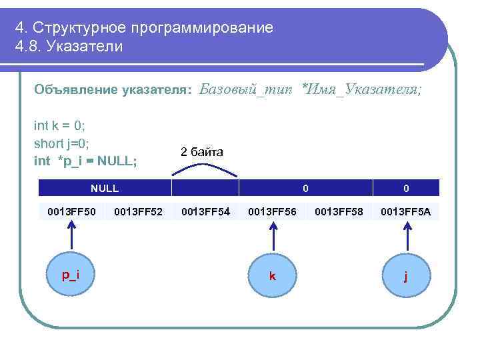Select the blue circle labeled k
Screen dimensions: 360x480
pyautogui.click(x=272, y=275)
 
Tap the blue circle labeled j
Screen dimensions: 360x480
pyautogui.click(x=406, y=275)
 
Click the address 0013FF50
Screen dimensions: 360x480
pyautogui.click(x=71, y=212)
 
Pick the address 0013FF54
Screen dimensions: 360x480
pyautogui.click(x=205, y=212)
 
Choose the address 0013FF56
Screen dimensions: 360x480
pyautogui.click(x=272, y=212)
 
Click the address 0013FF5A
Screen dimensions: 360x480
pyautogui.click(x=406, y=212)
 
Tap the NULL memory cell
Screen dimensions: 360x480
pyautogui.click(x=105, y=188)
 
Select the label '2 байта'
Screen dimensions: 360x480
pyautogui.click(x=201, y=152)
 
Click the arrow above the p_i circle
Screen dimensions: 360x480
pyautogui.click(x=71, y=237)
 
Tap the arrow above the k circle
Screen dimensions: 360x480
pyautogui.click(x=272, y=237)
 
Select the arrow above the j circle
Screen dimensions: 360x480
pyautogui.click(x=406, y=237)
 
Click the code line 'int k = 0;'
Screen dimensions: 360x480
pyautogui.click(x=59, y=125)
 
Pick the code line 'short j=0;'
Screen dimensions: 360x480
pyautogui.click(x=61, y=143)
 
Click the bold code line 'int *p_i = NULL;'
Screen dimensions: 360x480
pyautogui.click(x=85, y=161)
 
